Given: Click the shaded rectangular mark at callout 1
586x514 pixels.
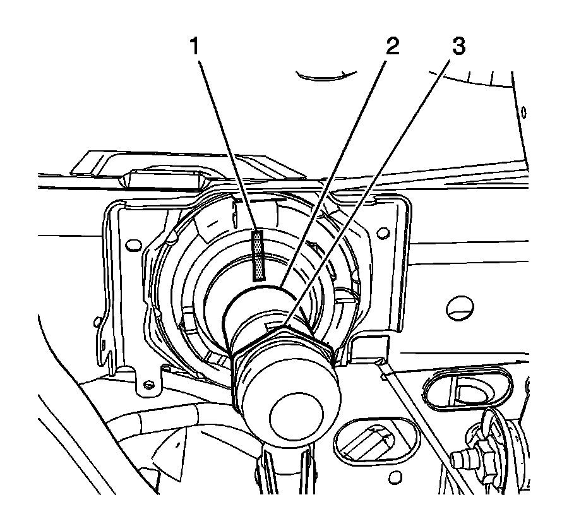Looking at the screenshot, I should [259, 255].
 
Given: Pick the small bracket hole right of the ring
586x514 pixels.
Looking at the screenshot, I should [382, 234].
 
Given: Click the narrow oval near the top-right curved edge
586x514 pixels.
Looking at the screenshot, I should [523, 113].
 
